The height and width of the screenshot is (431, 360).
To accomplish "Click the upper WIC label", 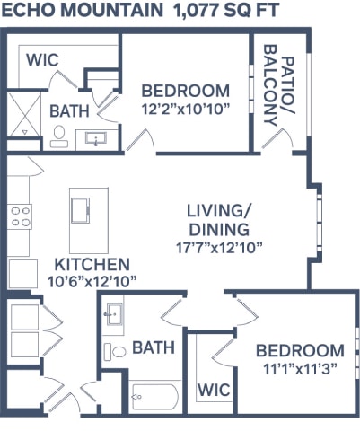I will tap(41, 60).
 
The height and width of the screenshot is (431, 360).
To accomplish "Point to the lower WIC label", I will tap(213, 391).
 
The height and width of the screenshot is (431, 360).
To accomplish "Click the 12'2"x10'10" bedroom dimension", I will tap(187, 109).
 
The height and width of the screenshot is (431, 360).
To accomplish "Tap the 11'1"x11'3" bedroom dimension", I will tap(299, 368).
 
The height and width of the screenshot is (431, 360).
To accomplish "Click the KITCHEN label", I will tap(92, 265).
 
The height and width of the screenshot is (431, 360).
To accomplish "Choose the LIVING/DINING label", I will tap(217, 219).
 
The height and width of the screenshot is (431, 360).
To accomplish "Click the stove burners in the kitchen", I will tap(20, 215).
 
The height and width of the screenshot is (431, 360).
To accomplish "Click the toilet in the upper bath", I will tap(59, 136).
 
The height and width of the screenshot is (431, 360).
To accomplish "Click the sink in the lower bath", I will tap(113, 314).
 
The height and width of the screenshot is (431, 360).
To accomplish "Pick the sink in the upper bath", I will tap(96, 138).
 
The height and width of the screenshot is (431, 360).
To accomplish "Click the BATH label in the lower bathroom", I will tap(154, 347).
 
